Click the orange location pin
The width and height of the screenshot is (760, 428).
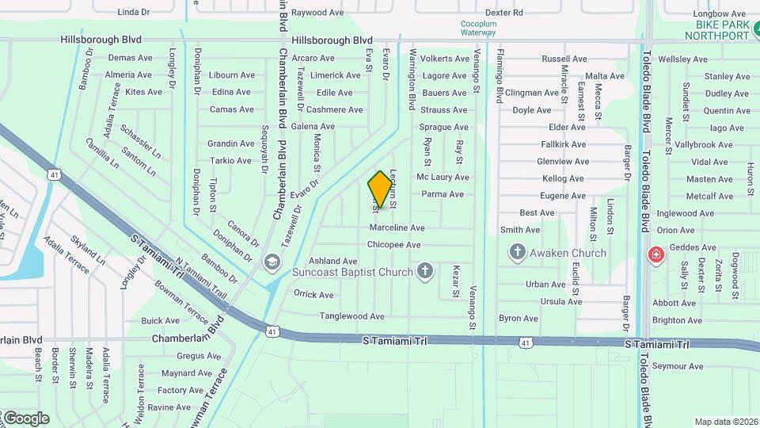point(381,189)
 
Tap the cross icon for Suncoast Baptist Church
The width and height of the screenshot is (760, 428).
point(425,272)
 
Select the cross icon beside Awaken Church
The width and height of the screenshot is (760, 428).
point(518,253)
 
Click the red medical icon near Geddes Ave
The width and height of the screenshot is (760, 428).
point(655,254)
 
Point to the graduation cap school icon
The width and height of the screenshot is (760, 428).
point(272,262)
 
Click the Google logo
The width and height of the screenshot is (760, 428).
point(25,418)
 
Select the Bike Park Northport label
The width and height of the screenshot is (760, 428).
point(716,30)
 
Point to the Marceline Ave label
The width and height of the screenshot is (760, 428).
point(397,228)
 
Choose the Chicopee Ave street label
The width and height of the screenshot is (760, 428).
point(393,245)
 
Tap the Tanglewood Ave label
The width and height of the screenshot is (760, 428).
point(351,316)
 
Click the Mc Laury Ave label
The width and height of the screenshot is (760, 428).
point(443,178)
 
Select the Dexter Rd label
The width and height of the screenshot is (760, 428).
point(503,13)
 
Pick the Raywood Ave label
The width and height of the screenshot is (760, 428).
point(317,13)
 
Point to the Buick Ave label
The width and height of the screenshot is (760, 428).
point(161,321)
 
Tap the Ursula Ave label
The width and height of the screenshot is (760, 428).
point(561,301)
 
